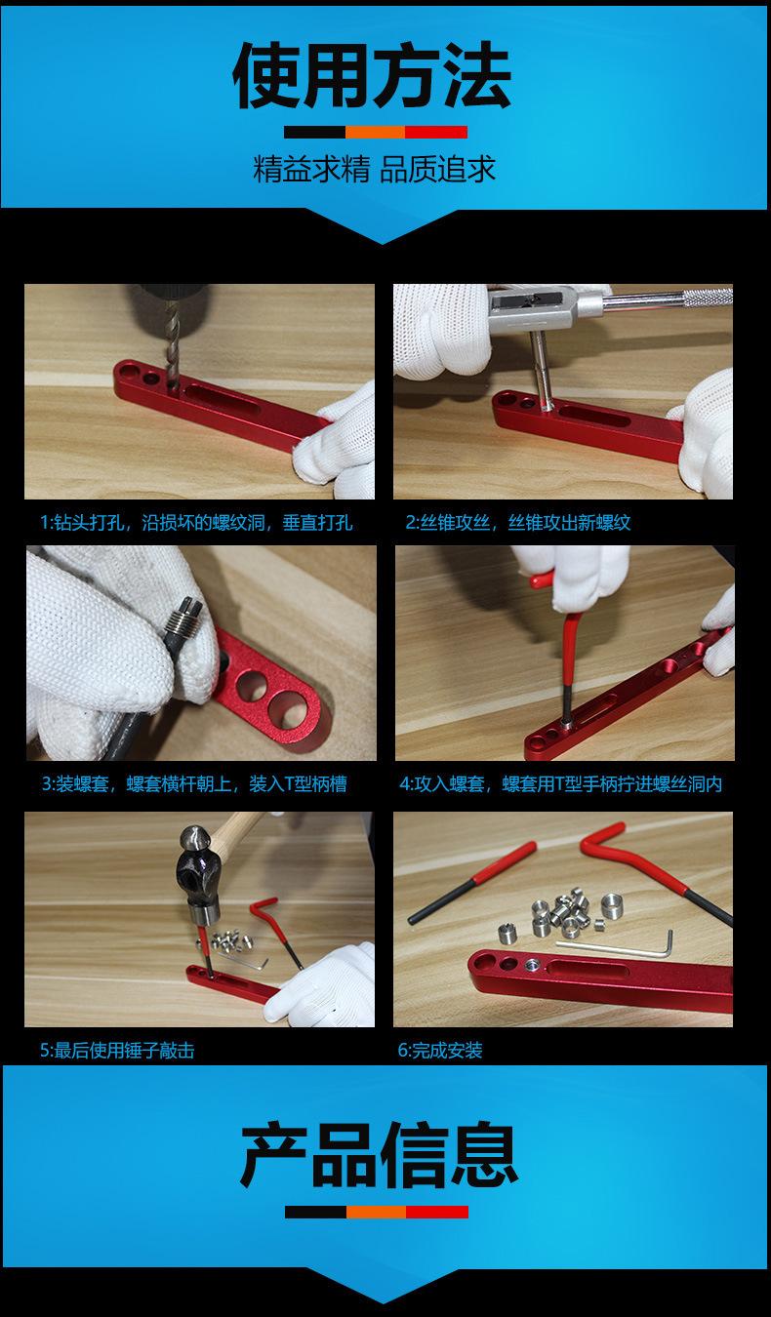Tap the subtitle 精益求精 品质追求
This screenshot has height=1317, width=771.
pos(374,169)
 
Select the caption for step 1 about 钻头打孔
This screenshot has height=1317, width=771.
pos(196,523)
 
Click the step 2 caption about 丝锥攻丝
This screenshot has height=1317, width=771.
pos(518,523)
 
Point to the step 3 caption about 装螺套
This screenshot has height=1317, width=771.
pos(194,783)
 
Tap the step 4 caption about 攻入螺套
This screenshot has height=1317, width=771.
pos(561,783)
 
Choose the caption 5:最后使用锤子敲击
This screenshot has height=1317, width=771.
pos(117,1051)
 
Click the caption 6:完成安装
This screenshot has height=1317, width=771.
pos(440,1051)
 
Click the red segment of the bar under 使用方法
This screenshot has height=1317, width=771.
pos(436,132)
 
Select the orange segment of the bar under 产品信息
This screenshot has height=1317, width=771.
pos(377,1212)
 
